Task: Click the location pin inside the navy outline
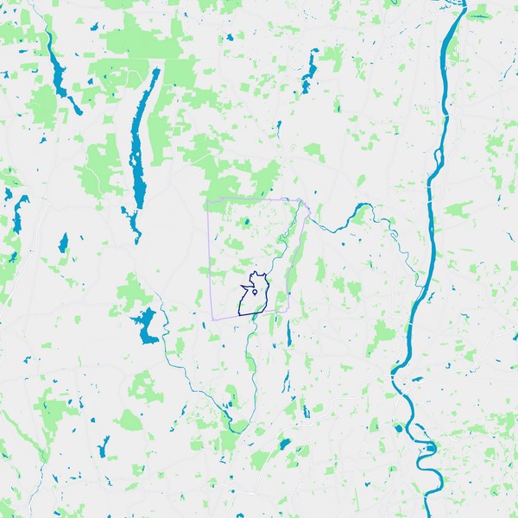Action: tap(255, 294)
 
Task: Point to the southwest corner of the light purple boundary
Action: tap(212, 319)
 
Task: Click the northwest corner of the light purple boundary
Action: tap(207, 202)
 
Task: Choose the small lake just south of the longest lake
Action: tap(132, 221)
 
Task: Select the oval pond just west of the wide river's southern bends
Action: tap(398, 427)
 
